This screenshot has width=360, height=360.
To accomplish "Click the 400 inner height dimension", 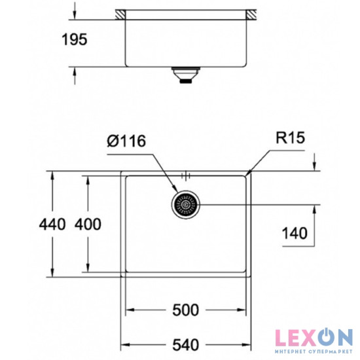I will pos(88,225).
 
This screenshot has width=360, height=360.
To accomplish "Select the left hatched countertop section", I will pos(120,14).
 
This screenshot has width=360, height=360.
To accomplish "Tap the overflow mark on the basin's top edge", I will pos(186,175).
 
